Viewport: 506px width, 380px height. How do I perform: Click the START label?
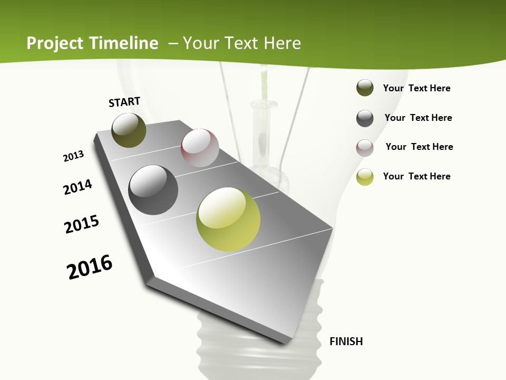(124, 102)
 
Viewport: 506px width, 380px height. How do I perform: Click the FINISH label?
(346, 341)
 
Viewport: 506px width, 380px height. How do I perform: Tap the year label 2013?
(73, 156)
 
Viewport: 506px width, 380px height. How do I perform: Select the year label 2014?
(77, 187)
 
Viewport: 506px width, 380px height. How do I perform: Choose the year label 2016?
(90, 267)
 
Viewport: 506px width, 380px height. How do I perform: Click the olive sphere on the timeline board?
(129, 130)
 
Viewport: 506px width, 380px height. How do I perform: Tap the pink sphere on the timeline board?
(200, 148)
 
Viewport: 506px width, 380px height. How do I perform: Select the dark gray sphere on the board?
(153, 190)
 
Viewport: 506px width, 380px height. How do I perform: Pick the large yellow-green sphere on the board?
(228, 219)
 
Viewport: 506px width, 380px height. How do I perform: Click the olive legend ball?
(365, 88)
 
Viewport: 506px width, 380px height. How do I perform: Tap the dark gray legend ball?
(365, 118)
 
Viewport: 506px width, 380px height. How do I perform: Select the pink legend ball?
(365, 148)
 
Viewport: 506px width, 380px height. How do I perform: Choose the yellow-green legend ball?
(365, 177)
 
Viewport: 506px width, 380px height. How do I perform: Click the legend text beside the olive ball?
(416, 89)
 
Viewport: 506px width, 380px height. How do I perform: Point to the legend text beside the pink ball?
(419, 147)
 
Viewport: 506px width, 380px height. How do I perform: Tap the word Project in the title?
(55, 43)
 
